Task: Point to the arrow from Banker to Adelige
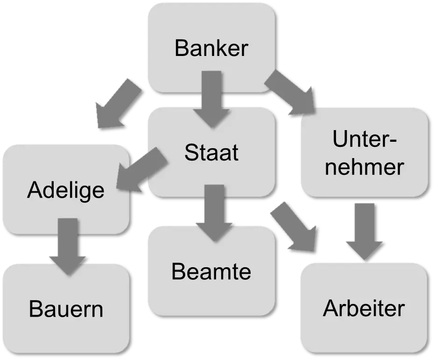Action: (117, 103)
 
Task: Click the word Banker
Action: (211, 48)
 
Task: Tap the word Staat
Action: (211, 152)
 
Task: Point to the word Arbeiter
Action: (364, 308)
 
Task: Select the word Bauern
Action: (66, 309)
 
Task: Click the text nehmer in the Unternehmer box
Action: (364, 167)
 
